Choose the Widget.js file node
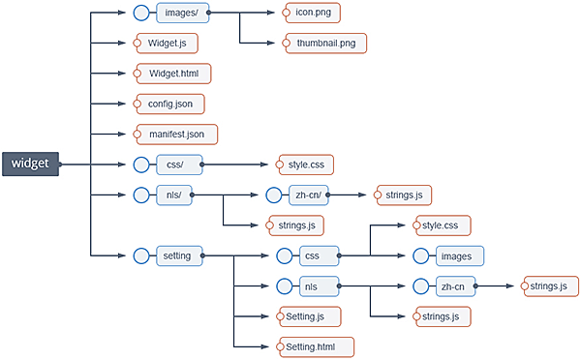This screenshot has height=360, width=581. pos(168,44)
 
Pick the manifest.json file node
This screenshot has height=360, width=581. pos(175,134)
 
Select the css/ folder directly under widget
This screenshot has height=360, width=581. pos(177,165)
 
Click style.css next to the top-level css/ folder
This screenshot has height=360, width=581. pos(305,165)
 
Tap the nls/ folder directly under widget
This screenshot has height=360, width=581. pos(174,195)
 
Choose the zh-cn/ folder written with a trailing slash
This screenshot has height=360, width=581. pos(309,195)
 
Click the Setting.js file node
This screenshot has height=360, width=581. pos(308,316)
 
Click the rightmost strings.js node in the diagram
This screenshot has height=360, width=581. pos(548,286)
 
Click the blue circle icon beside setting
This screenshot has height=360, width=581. pos(142,255)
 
